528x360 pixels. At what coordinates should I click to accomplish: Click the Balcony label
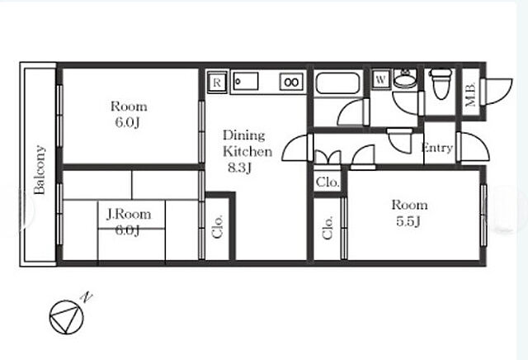pyautogui.click(x=40, y=170)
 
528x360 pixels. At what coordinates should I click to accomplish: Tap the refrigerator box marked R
pyautogui.click(x=217, y=82)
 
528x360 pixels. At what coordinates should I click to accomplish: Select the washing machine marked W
pyautogui.click(x=380, y=79)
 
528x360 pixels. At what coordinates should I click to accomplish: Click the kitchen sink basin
pyautogui.click(x=246, y=81)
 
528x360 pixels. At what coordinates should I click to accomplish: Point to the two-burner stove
pyautogui.click(x=291, y=82)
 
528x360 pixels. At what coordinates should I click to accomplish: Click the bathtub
pyautogui.click(x=337, y=83)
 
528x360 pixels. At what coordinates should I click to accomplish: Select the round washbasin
pyautogui.click(x=405, y=79)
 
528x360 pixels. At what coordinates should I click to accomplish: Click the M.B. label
pyautogui.click(x=470, y=94)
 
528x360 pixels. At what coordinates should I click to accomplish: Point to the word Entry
pyautogui.click(x=437, y=148)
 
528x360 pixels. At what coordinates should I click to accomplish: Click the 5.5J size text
pyautogui.click(x=408, y=221)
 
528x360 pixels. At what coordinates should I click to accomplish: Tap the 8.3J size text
pyautogui.click(x=239, y=167)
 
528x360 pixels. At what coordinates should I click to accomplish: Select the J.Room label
pyautogui.click(x=129, y=214)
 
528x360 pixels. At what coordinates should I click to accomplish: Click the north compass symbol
pyautogui.click(x=66, y=317)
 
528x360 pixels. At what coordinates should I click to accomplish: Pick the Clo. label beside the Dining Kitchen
pyautogui.click(x=218, y=226)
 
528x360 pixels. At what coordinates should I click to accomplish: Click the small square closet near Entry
pyautogui.click(x=328, y=182)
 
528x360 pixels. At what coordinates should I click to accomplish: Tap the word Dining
pyautogui.click(x=244, y=135)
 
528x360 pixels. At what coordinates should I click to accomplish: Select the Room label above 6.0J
pyautogui.click(x=129, y=107)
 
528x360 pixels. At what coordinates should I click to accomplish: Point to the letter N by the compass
pyautogui.click(x=87, y=297)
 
